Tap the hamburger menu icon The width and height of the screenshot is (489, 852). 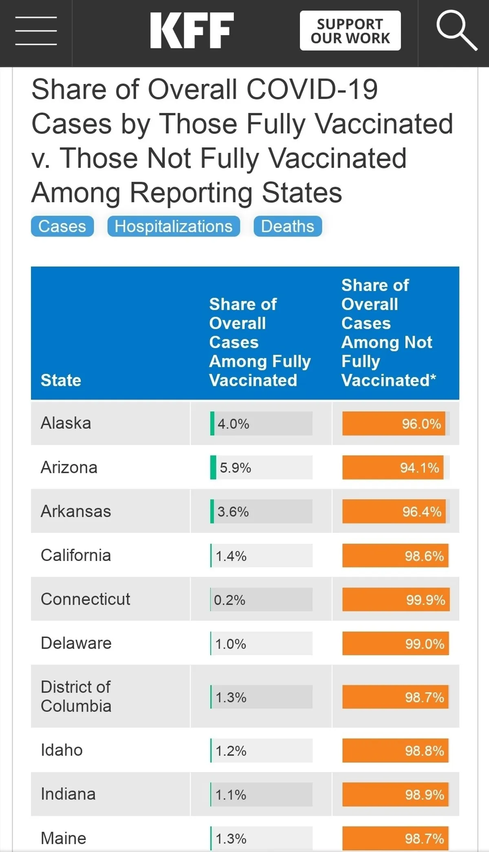tap(36, 31)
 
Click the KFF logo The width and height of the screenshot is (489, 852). tap(192, 31)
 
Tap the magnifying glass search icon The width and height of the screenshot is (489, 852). tap(456, 31)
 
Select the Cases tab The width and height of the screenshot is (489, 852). tap(62, 226)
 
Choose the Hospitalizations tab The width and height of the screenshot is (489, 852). tap(174, 226)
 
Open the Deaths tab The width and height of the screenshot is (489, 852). tap(288, 226)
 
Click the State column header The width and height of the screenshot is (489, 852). tap(61, 380)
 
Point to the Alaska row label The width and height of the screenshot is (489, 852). tap(66, 423)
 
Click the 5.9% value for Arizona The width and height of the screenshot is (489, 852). tap(236, 468)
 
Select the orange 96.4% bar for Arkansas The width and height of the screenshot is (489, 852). tap(394, 511)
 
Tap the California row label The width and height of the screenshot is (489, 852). tap(76, 555)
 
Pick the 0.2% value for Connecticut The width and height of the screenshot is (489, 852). tap(230, 600)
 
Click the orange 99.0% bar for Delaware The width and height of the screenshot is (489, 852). tap(395, 644)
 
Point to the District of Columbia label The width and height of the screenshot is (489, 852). tap(76, 697)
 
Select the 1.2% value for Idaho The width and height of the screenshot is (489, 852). tap(231, 750)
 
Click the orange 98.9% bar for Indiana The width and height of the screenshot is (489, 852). tap(395, 795)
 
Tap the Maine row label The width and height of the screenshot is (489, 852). tap(64, 838)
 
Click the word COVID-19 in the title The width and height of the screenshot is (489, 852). tap(312, 89)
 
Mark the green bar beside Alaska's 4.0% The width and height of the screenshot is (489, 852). tap(212, 424)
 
